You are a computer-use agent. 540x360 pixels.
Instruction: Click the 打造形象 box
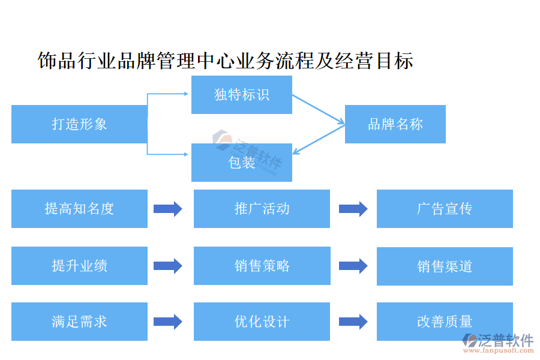pyautogui.click(x=79, y=124)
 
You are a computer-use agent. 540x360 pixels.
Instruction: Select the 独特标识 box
pyautogui.click(x=241, y=95)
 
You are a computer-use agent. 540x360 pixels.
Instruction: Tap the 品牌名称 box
pyautogui.click(x=395, y=124)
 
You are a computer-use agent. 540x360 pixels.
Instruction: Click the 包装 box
pyautogui.click(x=241, y=163)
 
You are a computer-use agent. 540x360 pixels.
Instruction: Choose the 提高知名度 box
pyautogui.click(x=79, y=209)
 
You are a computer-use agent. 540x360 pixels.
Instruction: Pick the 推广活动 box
pyautogui.click(x=262, y=209)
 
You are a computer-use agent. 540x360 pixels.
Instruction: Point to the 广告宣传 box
pyautogui.click(x=445, y=209)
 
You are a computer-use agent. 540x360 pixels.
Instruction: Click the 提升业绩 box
pyautogui.click(x=79, y=266)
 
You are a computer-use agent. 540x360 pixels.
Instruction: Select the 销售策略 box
pyautogui.click(x=262, y=266)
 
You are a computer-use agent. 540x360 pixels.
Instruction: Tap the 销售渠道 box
pyautogui.click(x=445, y=266)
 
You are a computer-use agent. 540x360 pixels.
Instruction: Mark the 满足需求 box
pyautogui.click(x=79, y=322)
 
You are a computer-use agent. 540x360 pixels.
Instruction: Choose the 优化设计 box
pyautogui.click(x=262, y=322)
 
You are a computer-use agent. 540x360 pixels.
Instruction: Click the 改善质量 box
pyautogui.click(x=445, y=322)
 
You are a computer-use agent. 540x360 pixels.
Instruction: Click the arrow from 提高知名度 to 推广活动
pyautogui.click(x=168, y=209)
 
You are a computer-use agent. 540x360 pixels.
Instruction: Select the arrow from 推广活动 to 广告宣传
pyautogui.click(x=353, y=209)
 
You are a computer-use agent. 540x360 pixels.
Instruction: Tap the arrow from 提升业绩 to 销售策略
pyautogui.click(x=168, y=266)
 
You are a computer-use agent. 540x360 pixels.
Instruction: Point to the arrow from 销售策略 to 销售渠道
pyautogui.click(x=353, y=266)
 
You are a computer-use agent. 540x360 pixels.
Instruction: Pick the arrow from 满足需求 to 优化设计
pyautogui.click(x=168, y=322)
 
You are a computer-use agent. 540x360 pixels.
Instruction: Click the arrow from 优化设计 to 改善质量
pyautogui.click(x=353, y=322)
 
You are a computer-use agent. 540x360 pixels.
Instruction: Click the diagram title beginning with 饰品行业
pyautogui.click(x=225, y=61)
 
